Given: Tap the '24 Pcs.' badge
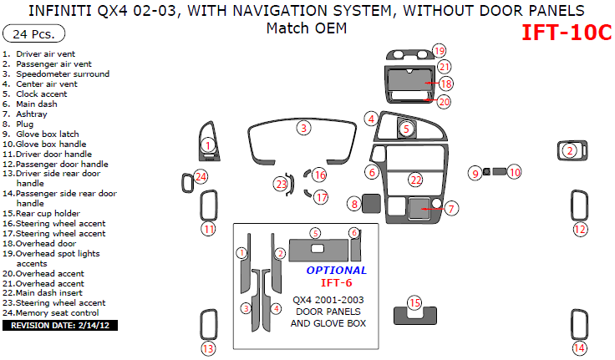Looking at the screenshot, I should click(x=33, y=35).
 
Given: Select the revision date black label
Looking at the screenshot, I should click(x=59, y=325).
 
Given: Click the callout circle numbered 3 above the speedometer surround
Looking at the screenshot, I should click(x=304, y=128).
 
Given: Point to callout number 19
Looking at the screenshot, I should click(x=440, y=51).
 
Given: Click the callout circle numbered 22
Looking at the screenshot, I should click(x=416, y=180).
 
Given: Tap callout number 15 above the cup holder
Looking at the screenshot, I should click(x=414, y=302).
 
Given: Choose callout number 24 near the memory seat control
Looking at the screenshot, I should click(x=201, y=176).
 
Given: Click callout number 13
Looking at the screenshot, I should click(x=207, y=348).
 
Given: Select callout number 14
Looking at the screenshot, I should click(x=579, y=348).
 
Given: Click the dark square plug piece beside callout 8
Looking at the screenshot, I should click(x=372, y=203).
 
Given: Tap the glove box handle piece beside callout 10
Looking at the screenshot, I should click(x=498, y=172).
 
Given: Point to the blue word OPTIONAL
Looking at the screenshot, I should click(x=336, y=270).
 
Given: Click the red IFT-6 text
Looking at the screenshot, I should click(x=337, y=282).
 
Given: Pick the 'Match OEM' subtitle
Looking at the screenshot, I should click(x=307, y=28).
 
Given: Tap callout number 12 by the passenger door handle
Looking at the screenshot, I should click(x=579, y=229).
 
